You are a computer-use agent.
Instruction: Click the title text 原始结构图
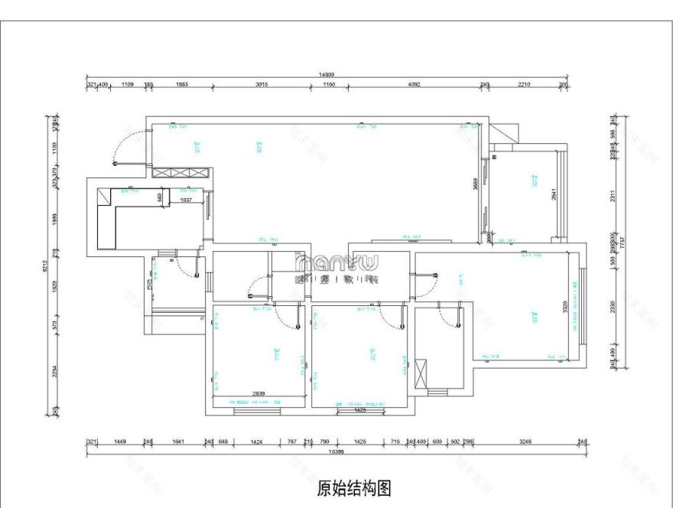(354, 487)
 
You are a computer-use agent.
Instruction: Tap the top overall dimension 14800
(327, 75)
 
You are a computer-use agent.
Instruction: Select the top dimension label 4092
(415, 84)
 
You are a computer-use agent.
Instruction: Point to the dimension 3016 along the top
(262, 84)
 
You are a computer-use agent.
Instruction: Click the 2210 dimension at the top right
(524, 84)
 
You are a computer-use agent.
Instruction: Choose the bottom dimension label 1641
(180, 442)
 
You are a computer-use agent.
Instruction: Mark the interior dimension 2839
(258, 395)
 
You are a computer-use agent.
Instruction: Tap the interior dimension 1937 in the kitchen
(184, 200)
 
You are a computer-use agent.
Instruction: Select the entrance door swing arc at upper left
(122, 147)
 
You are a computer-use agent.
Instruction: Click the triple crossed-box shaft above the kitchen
(180, 174)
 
